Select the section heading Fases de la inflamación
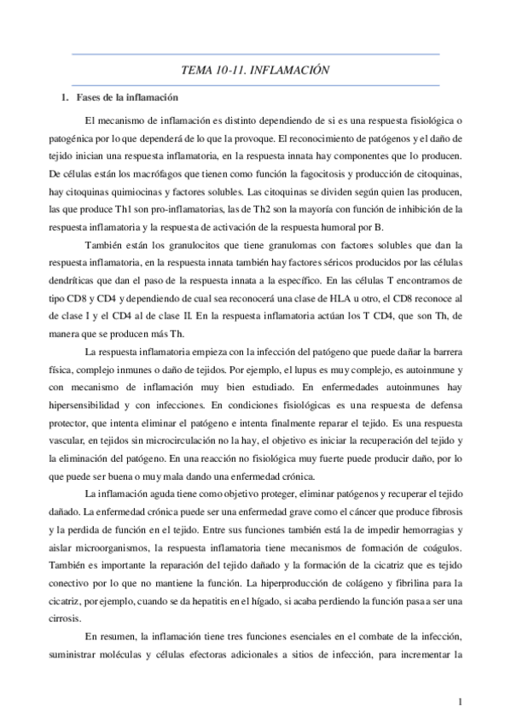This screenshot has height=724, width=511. tap(126, 97)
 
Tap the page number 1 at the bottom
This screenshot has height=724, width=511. tap(460, 702)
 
